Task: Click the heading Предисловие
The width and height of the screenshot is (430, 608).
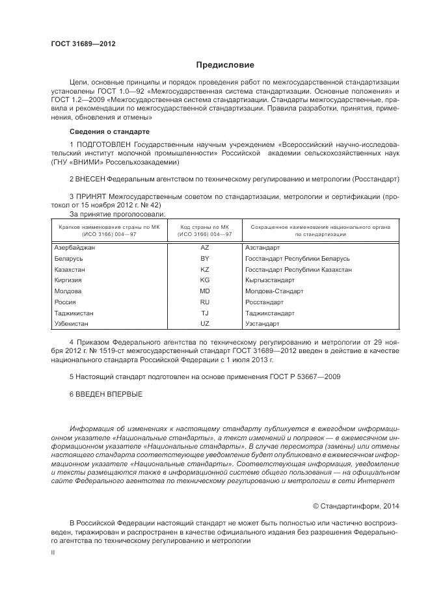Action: [225, 65]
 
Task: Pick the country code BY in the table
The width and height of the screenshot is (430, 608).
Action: [204, 258]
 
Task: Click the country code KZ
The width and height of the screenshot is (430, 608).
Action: [204, 269]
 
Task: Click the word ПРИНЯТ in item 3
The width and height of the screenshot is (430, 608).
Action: [94, 196]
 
